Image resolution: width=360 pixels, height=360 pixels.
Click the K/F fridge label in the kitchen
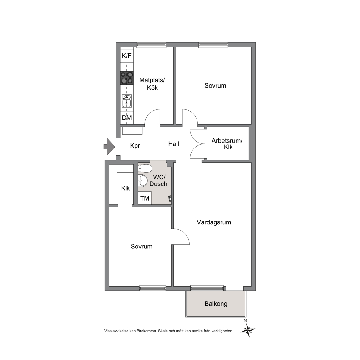point(127,56)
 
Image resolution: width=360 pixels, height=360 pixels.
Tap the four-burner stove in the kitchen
point(127,78)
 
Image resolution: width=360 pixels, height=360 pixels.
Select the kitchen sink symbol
point(127,101)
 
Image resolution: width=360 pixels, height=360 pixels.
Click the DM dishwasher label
point(127,118)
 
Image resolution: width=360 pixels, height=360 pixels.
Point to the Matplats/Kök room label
point(152,84)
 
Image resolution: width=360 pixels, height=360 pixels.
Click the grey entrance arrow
point(109,147)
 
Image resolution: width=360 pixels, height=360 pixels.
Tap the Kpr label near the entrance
point(135,146)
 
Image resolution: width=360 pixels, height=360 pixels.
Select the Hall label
point(173,144)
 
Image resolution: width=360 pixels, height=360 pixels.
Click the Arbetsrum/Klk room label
point(227,144)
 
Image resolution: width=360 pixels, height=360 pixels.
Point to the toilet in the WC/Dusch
point(145,168)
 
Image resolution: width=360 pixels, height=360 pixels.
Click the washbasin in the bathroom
point(142,181)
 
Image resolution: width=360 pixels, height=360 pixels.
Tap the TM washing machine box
point(145,198)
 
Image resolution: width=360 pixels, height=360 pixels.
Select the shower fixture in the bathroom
point(170,198)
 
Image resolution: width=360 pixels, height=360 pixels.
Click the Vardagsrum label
point(214,222)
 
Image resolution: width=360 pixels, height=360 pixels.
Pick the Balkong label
point(216,304)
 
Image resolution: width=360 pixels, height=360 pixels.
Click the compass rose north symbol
point(248,329)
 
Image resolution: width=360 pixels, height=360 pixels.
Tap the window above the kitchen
point(151,45)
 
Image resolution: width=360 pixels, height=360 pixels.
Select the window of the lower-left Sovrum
point(153,288)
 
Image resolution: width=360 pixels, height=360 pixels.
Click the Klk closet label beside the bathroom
point(125,188)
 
